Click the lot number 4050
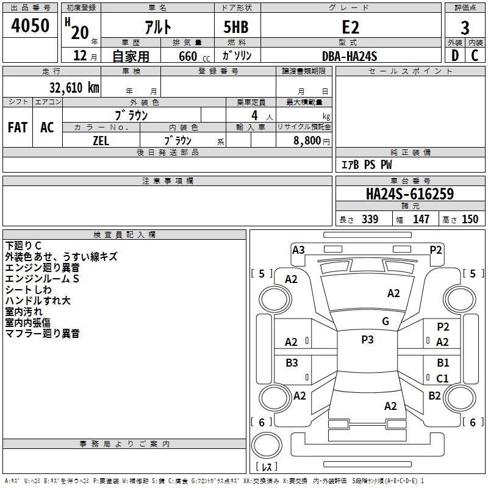click(30, 26)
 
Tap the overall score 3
click(465, 27)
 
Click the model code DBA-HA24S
click(350, 56)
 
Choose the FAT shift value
click(18, 127)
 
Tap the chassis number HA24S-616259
click(409, 194)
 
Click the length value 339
click(369, 219)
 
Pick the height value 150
click(470, 219)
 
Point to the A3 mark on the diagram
click(298, 249)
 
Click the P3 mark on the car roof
click(367, 340)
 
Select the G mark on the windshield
click(385, 321)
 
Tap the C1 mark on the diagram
click(442, 378)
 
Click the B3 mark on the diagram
click(292, 363)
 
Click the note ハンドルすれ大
click(38, 301)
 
